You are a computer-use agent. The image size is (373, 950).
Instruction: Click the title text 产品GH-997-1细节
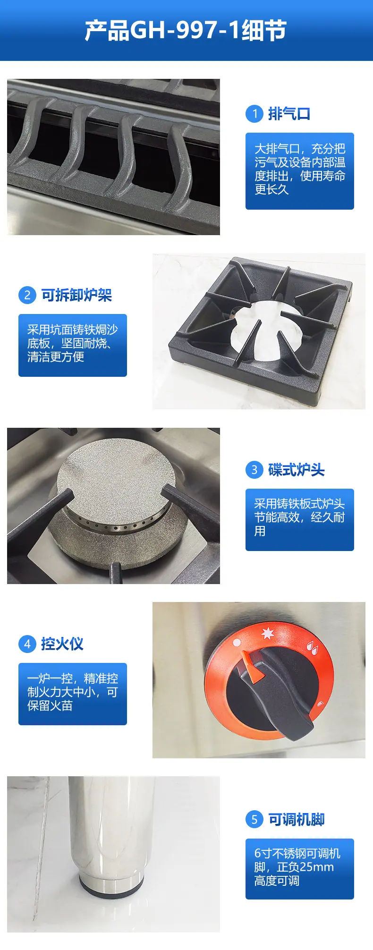tap(186, 31)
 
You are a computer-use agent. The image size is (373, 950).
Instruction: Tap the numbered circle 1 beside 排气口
tap(254, 114)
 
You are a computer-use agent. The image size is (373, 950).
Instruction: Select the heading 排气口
tap(289, 114)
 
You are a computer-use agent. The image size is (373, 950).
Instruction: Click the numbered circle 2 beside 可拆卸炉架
tap(27, 295)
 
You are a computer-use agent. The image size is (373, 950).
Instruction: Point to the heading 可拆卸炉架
tap(76, 295)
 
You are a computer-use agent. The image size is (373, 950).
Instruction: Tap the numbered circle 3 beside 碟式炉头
tap(254, 470)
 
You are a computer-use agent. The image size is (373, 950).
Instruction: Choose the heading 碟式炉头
tap(297, 470)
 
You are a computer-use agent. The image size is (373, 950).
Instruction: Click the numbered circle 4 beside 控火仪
tap(27, 644)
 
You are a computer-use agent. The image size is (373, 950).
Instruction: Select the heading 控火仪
tap(62, 644)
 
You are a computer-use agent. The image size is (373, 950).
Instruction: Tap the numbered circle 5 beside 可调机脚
tap(254, 819)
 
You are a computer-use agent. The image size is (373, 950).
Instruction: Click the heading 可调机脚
tap(297, 819)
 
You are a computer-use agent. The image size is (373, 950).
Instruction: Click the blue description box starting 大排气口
tap(300, 171)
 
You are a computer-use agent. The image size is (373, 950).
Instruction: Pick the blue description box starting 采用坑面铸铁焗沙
tap(73, 345)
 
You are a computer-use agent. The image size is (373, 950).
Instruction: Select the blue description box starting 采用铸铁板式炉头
tap(300, 520)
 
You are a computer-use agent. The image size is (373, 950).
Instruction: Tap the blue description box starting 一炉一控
tap(73, 694)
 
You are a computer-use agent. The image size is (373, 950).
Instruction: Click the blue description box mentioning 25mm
tap(300, 869)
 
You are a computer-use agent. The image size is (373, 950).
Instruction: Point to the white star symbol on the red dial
tap(268, 633)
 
